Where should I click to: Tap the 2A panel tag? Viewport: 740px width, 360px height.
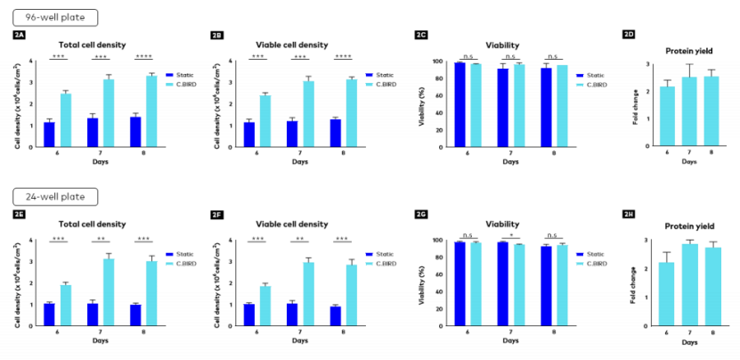tap(20, 35)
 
